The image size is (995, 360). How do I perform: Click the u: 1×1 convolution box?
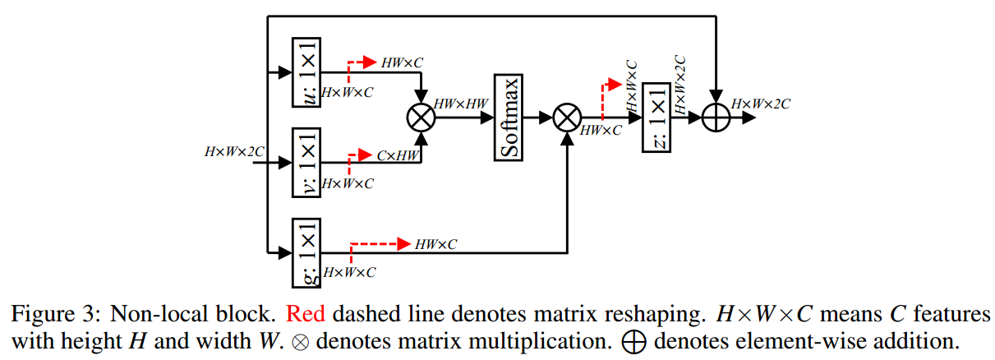click(x=306, y=72)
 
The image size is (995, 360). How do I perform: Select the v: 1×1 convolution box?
click(x=306, y=163)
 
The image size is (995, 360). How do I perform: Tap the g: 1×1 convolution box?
click(x=306, y=252)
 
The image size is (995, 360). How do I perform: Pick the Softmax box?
click(x=509, y=118)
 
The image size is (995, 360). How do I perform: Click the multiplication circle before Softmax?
click(x=421, y=118)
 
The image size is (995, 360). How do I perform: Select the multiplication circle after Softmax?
click(x=566, y=118)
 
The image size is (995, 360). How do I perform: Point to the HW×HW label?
click(x=462, y=103)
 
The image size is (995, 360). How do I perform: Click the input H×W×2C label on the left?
click(x=235, y=151)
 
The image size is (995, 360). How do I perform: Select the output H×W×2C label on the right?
click(x=761, y=104)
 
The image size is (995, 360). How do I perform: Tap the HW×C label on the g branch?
click(x=436, y=244)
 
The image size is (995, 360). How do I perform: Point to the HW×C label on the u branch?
click(x=403, y=62)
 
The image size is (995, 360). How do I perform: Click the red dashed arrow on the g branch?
click(x=379, y=244)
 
